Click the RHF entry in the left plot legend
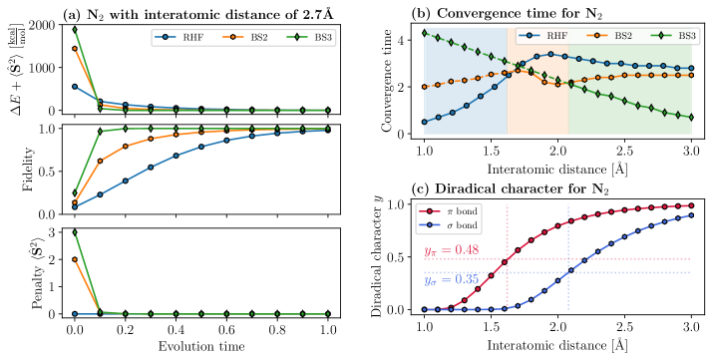tap(180, 38)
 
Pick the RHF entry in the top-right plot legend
tap(544, 35)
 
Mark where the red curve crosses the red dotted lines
tap(508, 258)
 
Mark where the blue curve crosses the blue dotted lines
tap(568, 272)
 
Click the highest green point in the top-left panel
tap(75, 29)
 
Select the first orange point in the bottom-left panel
tap(75, 259)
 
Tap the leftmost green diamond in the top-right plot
tap(425, 33)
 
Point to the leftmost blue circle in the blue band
tap(425, 122)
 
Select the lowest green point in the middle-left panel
tap(75, 192)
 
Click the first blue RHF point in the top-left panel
tap(75, 87)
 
